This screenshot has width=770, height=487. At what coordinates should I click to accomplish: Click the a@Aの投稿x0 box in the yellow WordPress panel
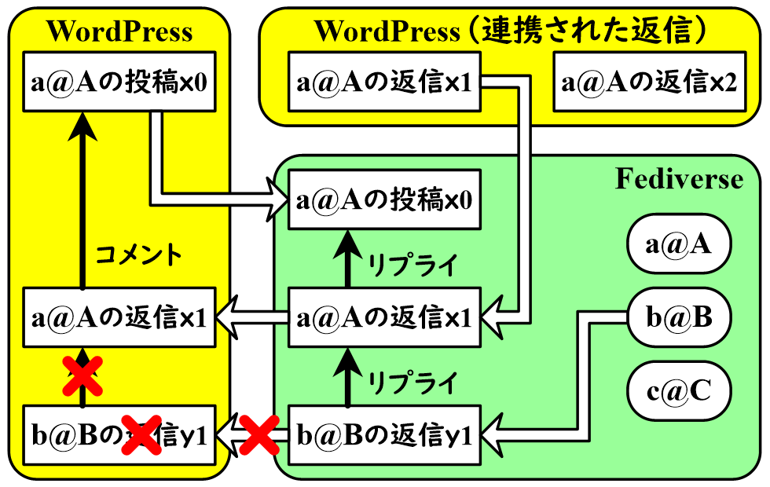(119, 82)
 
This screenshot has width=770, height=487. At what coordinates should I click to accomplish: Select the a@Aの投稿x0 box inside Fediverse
(384, 200)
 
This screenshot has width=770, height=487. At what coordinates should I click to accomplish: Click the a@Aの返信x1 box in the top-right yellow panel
(384, 82)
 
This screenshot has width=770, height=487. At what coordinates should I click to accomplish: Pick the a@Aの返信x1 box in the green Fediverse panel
(384, 318)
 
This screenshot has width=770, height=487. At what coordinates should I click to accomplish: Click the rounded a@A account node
(679, 245)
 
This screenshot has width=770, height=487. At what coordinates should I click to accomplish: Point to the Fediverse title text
(678, 179)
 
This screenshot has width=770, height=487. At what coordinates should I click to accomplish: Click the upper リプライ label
(412, 265)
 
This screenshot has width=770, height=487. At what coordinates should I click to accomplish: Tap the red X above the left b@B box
(82, 375)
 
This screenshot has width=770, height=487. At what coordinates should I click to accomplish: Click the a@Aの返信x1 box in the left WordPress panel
(119, 318)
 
